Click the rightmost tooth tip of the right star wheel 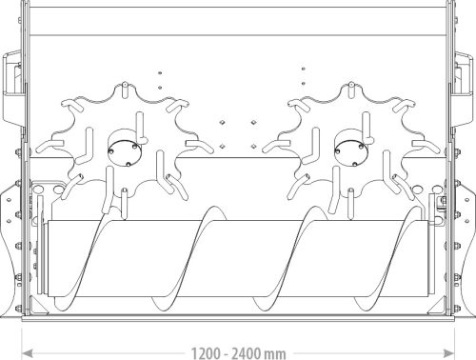(x=415, y=143)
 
